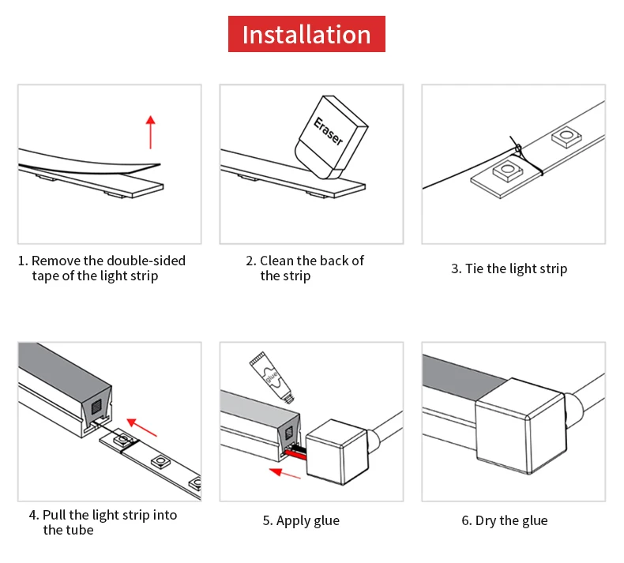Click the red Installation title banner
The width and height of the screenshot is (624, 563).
(306, 35)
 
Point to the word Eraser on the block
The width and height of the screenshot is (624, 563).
(329, 130)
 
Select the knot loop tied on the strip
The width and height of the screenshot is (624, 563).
(518, 148)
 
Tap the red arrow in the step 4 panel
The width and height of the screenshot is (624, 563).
(141, 427)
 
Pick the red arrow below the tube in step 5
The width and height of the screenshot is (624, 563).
(285, 474)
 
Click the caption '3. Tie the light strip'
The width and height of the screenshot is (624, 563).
(509, 268)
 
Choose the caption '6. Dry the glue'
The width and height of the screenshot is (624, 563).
(504, 520)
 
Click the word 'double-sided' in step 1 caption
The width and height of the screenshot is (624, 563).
(146, 261)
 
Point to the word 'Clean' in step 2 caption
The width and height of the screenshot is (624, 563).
(276, 261)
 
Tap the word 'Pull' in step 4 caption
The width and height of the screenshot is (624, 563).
(55, 515)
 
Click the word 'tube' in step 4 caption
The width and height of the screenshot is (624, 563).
(80, 530)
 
